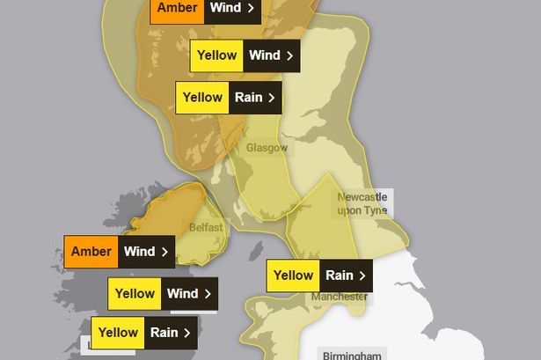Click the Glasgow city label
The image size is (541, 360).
click(267, 148)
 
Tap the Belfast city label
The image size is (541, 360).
click(205, 227)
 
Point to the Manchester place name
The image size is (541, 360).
click(339, 297)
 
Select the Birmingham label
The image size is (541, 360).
click(350, 355)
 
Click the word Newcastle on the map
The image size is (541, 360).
click(362, 198)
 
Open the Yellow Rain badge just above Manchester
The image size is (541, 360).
click(319, 276)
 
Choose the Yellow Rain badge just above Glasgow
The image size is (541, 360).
click(228, 98)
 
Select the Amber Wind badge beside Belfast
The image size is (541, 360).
click(119, 252)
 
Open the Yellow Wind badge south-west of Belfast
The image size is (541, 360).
click(163, 294)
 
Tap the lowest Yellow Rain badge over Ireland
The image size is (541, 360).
click(146, 333)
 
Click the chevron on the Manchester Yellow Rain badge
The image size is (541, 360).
click(362, 276)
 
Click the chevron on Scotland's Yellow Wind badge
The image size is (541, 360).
click(289, 55)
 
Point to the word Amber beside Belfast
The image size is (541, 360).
click(91, 252)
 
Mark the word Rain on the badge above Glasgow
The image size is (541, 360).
click(249, 98)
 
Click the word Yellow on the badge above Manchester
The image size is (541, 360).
click(294, 276)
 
